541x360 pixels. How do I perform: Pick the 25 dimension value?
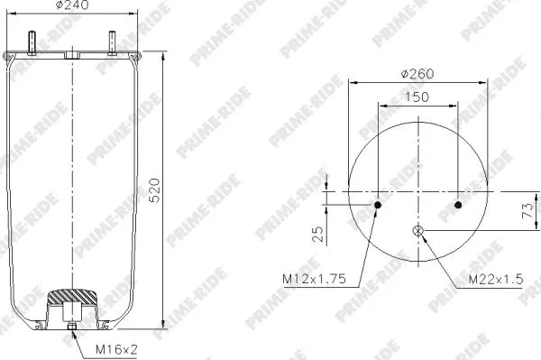pos(316,235)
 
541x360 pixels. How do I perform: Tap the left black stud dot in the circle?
pos(379,206)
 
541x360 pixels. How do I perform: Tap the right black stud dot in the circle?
pos(459,206)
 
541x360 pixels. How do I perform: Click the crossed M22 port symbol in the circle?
pos(418,232)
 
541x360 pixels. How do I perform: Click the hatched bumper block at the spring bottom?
pos(73,295)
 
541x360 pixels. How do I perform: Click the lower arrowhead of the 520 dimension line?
pos(163,326)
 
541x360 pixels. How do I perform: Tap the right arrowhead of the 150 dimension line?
pos(456,106)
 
